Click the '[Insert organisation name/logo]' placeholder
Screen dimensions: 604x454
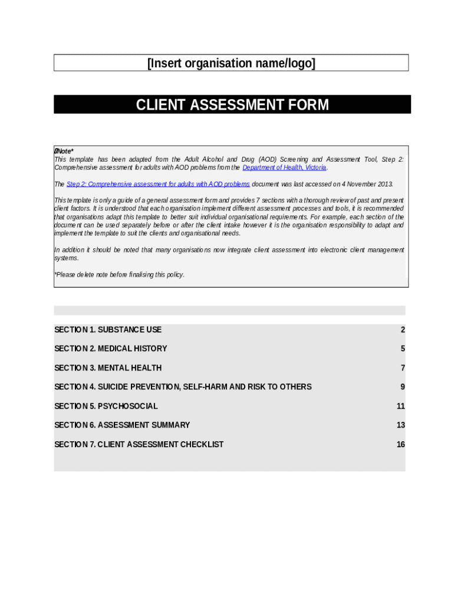coord(231,63)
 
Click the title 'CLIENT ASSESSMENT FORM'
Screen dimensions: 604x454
coord(232,105)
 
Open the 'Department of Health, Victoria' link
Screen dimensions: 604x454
coord(284,168)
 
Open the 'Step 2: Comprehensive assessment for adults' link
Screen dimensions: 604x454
coord(158,184)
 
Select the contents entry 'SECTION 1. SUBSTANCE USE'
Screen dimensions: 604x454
coord(108,330)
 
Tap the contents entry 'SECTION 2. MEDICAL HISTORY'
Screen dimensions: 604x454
coord(111,349)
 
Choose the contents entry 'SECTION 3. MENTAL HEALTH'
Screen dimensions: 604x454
coord(108,368)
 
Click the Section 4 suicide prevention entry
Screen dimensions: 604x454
coord(183,387)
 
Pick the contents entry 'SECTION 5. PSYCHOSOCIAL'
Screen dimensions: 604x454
coord(106,406)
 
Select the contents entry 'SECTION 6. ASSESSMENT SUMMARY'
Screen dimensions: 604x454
coord(122,425)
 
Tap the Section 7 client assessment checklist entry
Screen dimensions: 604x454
coord(139,444)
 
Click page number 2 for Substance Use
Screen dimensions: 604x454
coord(403,330)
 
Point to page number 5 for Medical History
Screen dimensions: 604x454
coord(403,349)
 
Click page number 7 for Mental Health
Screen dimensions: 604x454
coord(403,368)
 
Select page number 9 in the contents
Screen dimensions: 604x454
coord(403,387)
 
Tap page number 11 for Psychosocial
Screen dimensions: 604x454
coord(401,406)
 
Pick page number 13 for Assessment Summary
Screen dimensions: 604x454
coord(401,425)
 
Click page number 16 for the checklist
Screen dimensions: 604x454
coord(401,444)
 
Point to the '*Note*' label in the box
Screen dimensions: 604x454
coord(64,152)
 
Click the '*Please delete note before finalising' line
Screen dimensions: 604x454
coord(120,275)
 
